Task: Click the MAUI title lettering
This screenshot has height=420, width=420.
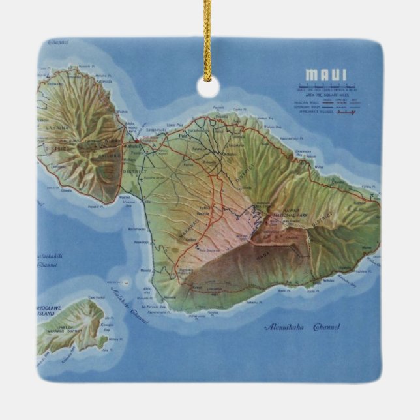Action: [325, 74]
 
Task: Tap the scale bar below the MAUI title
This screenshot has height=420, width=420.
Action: [325, 85]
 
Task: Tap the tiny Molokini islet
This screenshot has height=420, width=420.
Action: [126, 282]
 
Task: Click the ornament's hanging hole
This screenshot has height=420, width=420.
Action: [209, 87]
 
